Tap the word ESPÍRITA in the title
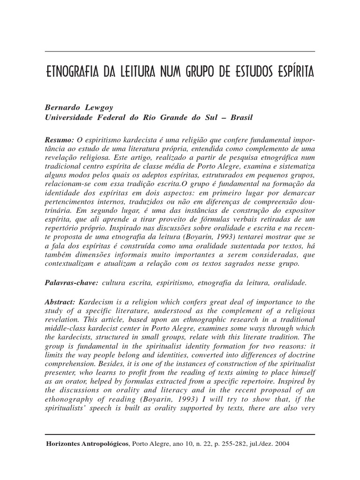click(x=292, y=74)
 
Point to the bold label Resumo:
click(x=60, y=140)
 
